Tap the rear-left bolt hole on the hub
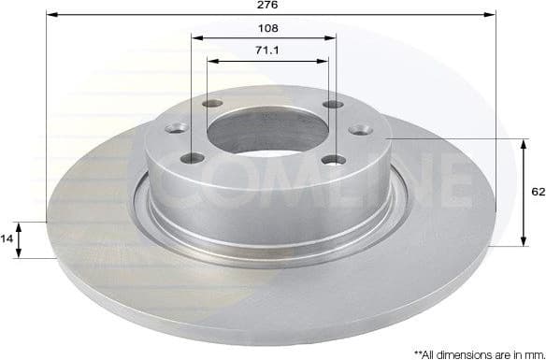click(212, 104)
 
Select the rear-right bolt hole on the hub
click(328, 105)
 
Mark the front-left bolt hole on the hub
click(195, 158)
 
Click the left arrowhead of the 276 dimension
click(50, 16)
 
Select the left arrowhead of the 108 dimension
click(196, 38)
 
